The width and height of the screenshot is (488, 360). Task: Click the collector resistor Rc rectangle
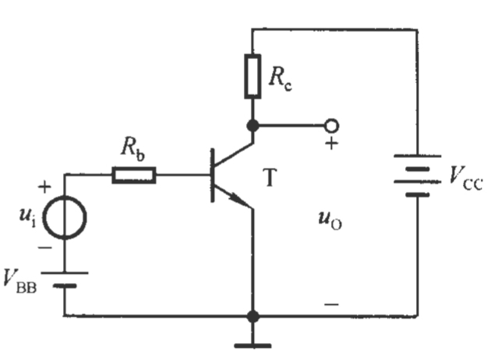tap(252, 76)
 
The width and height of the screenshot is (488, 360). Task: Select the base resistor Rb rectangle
tap(134, 175)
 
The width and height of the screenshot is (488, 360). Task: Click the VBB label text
tap(20, 281)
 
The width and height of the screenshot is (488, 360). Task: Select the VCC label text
tap(466, 178)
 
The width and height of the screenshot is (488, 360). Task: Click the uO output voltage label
tap(330, 220)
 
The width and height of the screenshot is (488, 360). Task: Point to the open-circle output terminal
tap(332, 125)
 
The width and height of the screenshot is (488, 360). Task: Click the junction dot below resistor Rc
tap(253, 126)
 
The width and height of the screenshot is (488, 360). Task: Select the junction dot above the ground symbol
tap(253, 316)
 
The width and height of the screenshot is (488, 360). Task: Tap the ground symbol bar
tap(253, 346)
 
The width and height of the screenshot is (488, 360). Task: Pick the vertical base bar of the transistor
tap(212, 175)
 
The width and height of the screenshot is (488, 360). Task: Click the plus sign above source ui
tap(44, 187)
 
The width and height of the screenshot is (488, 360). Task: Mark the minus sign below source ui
tap(45, 248)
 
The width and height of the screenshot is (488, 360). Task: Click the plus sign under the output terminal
tap(332, 144)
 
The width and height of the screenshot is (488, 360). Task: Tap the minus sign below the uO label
tap(332, 304)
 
